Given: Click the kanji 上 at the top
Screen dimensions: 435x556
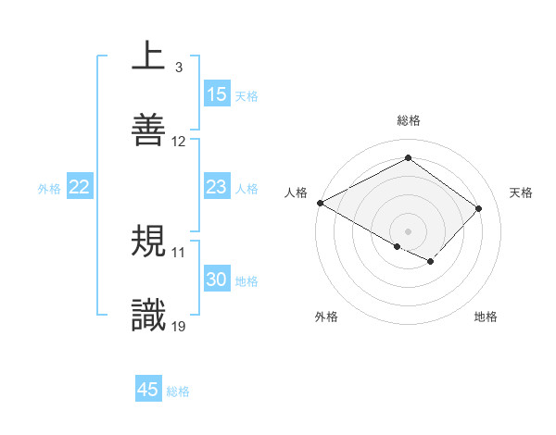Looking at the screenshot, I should coord(148,56).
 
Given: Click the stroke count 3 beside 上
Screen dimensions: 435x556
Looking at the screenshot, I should coord(178,68).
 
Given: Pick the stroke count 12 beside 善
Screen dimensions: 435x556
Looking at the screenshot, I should coord(179,142).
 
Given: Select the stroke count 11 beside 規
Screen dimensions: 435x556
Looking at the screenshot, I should coord(179,252).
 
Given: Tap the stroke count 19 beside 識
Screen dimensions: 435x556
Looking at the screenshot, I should coord(179,326).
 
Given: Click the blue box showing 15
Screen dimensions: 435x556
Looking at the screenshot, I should coord(217,94).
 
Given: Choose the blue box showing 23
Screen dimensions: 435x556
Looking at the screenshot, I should coord(217,188).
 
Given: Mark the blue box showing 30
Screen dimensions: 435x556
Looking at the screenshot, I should coord(217,280).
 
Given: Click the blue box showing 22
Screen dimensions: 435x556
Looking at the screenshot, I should coord(80,188).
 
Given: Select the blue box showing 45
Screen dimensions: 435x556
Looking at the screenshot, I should coord(148,390).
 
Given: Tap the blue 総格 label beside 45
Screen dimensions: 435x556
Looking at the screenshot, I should coord(178,391).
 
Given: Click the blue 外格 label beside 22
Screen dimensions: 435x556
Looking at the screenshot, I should coord(49,189).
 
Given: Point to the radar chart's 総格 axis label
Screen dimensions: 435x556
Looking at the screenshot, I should coord(408,121).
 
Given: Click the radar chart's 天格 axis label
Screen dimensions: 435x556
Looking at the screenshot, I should coord(522,193).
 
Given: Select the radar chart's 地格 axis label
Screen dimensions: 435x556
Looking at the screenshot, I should coord(486,317).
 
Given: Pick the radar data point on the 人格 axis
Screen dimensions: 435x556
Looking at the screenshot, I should coord(320,203).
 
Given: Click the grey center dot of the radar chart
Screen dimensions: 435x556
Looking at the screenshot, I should coord(408,230).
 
